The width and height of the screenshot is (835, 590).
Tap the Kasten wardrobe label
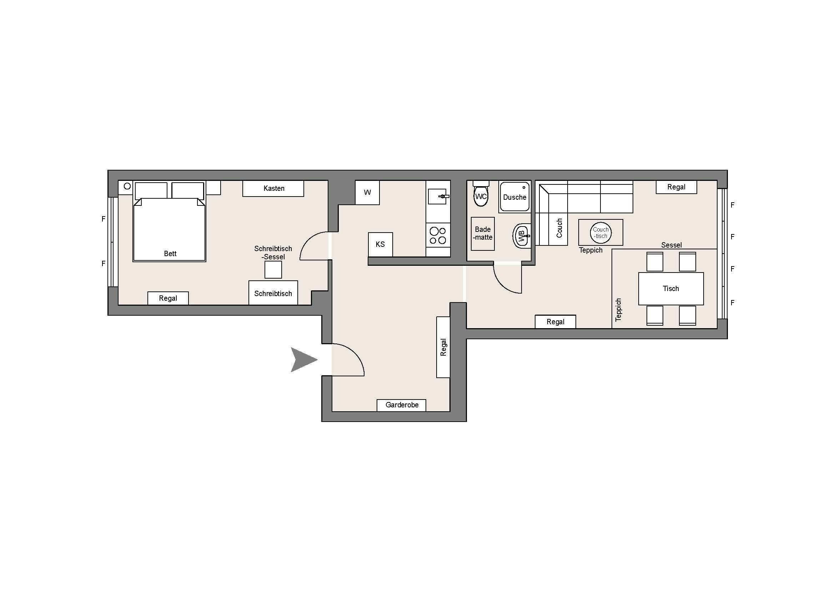(273, 189)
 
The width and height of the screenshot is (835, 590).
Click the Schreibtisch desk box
(273, 293)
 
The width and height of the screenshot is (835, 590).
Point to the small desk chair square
(273, 270)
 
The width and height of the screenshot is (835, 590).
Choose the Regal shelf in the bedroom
(168, 298)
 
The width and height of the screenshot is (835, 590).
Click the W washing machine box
(367, 193)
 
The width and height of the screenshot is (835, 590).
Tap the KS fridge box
(381, 244)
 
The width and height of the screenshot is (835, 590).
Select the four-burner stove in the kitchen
(438, 235)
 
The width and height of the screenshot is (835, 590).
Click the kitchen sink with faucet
(439, 196)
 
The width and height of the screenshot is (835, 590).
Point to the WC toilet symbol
(481, 196)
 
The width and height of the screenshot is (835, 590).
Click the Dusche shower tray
(515, 197)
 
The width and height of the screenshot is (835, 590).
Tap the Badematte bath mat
(483, 234)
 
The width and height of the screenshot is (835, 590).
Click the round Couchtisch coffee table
(601, 233)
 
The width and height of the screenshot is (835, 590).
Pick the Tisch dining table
(671, 289)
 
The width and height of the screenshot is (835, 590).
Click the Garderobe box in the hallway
(401, 405)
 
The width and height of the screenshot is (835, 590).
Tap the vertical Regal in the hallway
(443, 347)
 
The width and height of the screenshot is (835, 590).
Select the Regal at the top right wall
(676, 187)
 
